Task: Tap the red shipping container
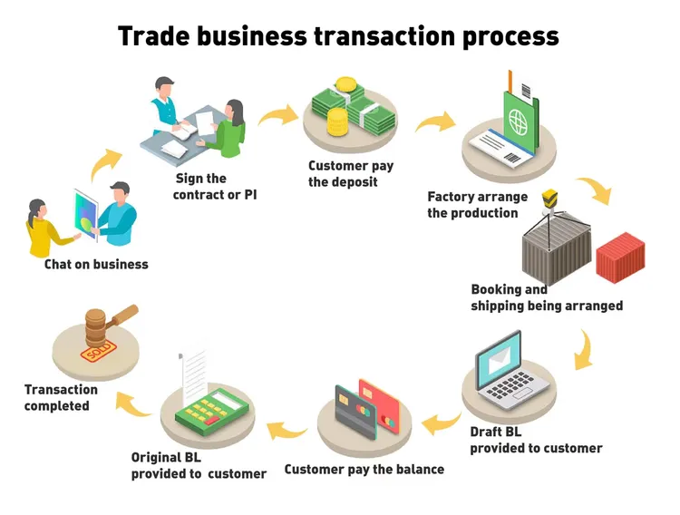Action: click(x=620, y=257)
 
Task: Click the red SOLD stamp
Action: click(x=99, y=351)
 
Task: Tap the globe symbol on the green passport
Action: click(x=518, y=121)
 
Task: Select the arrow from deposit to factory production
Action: click(x=435, y=121)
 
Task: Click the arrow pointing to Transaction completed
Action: click(x=132, y=403)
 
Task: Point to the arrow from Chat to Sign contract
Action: click(x=106, y=164)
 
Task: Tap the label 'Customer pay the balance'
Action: click(x=364, y=470)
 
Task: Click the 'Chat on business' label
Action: click(x=96, y=264)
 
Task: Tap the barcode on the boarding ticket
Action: click(x=512, y=158)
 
